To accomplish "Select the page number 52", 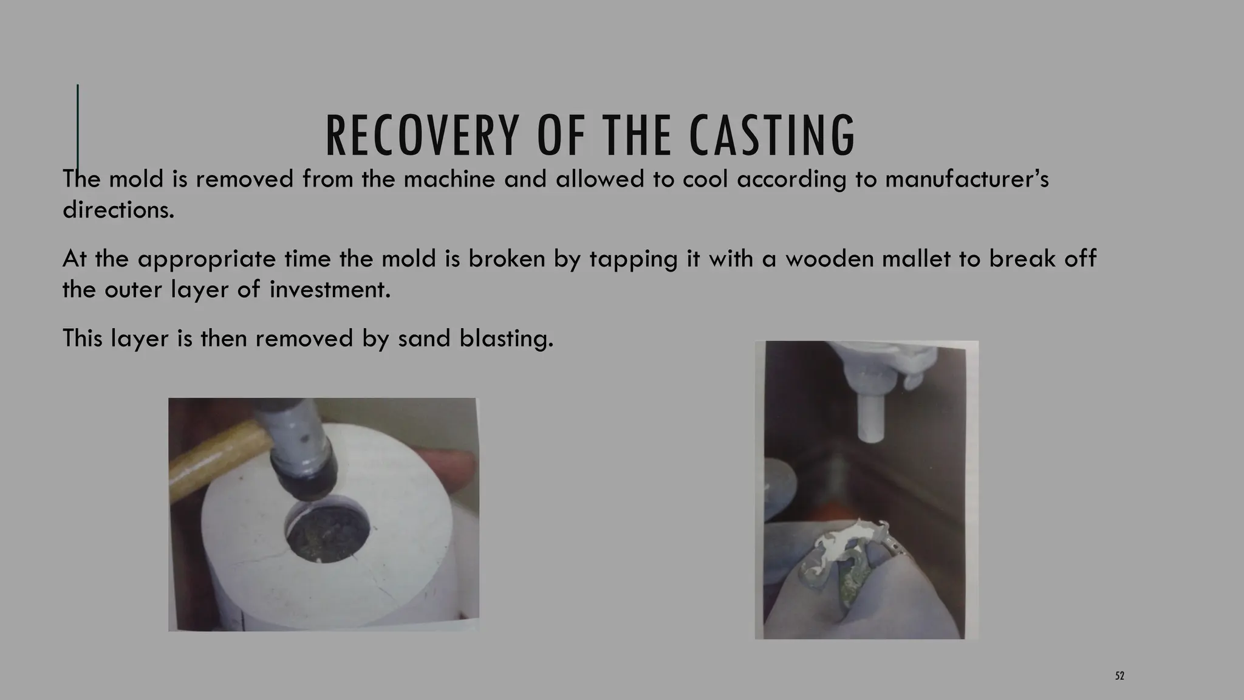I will click(1119, 676).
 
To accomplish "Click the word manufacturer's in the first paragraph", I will click(966, 180).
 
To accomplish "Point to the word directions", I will click(118, 210).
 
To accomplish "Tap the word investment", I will click(330, 290).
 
